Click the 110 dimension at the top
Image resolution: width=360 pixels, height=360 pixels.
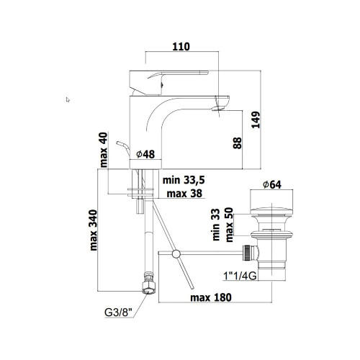(x=181, y=47)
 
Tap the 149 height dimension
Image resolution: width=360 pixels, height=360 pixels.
(x=256, y=120)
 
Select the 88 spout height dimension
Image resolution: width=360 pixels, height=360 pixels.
(x=237, y=143)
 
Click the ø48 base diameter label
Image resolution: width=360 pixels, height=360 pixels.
(x=145, y=154)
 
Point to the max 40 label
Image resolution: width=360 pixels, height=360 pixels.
(x=104, y=150)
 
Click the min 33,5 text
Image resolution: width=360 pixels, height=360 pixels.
(x=184, y=180)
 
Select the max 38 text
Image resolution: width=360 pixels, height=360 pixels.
(x=184, y=193)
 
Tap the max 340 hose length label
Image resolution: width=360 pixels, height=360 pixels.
(x=93, y=230)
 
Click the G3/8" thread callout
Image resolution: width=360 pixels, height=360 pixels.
(x=119, y=312)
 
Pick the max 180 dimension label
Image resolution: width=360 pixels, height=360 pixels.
(x=211, y=297)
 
